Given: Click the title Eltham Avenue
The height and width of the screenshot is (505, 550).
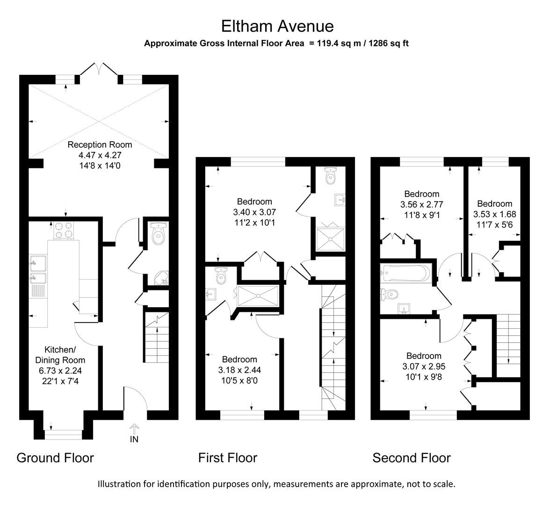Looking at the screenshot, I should coord(277,26).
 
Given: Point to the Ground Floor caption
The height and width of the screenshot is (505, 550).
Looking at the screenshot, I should coord(55,458).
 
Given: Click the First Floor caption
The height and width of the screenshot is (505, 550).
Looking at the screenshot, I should coord(228,458).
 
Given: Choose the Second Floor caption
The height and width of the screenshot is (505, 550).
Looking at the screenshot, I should coord(412,458).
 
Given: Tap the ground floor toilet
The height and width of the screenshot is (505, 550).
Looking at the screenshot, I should coord(159,234).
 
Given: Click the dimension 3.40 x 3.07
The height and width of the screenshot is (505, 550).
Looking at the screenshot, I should coord(253,212).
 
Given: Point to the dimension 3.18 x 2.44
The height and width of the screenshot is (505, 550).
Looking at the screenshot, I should coord(239,370).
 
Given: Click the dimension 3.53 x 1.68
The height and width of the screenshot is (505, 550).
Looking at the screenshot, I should coord(494,214).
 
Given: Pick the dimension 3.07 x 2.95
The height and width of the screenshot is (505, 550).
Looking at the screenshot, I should coord(423,366).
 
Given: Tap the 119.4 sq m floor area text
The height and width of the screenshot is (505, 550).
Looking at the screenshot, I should coord(338,43).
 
